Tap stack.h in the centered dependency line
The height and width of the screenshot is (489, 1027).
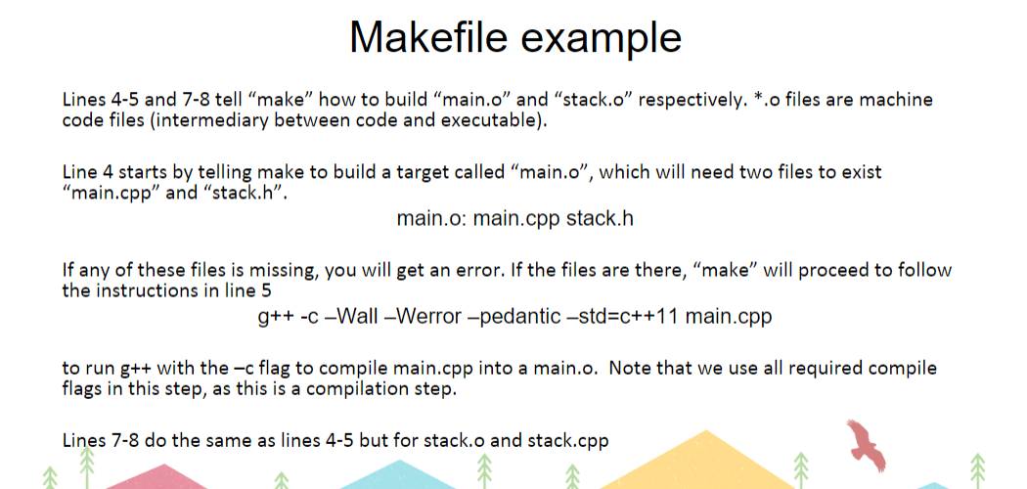[x=600, y=218]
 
